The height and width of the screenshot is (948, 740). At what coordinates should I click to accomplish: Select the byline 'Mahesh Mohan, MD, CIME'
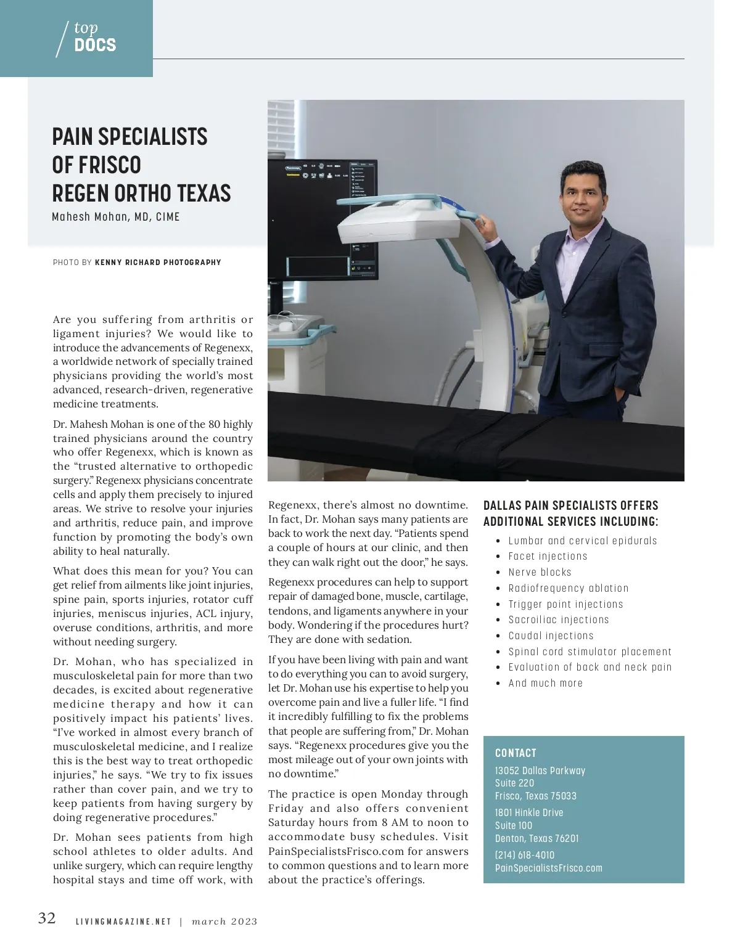[116, 217]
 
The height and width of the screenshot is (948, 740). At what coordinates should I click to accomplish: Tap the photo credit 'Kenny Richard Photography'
[158, 263]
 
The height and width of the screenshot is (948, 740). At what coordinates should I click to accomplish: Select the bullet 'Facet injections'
[548, 557]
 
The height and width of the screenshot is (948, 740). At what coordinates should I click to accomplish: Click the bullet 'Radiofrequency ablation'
[568, 589]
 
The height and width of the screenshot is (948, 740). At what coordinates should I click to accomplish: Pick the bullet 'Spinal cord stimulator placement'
[590, 652]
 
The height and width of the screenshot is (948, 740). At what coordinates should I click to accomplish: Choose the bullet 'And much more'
[545, 684]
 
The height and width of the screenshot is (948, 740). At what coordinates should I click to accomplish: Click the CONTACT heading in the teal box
[516, 753]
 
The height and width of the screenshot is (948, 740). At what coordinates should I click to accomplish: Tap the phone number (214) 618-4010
[525, 856]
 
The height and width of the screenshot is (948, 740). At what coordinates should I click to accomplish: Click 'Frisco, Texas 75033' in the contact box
[536, 796]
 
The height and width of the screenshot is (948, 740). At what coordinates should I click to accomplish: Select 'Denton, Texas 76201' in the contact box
[536, 838]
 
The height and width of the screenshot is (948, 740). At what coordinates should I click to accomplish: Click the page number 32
[47, 919]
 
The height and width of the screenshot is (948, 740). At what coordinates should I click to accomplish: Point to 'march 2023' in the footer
[224, 922]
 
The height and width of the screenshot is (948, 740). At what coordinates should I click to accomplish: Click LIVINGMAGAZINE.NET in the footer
[123, 922]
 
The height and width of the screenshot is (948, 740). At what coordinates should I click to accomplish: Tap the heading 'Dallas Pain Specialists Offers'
[570, 505]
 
